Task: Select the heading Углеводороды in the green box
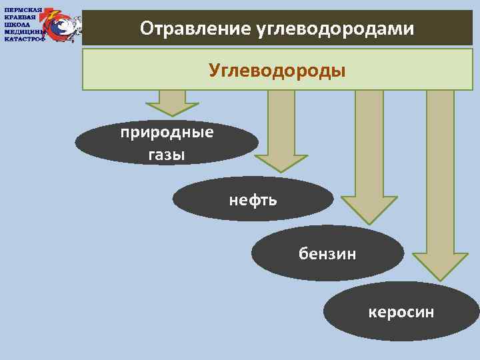point(277,70)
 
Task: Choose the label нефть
point(253,199)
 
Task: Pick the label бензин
point(327,253)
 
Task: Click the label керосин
point(401,311)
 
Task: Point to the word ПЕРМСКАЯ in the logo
point(23,10)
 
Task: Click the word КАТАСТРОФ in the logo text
point(25,38)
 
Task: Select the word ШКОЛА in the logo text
point(17,24)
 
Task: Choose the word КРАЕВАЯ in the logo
point(21,17)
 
